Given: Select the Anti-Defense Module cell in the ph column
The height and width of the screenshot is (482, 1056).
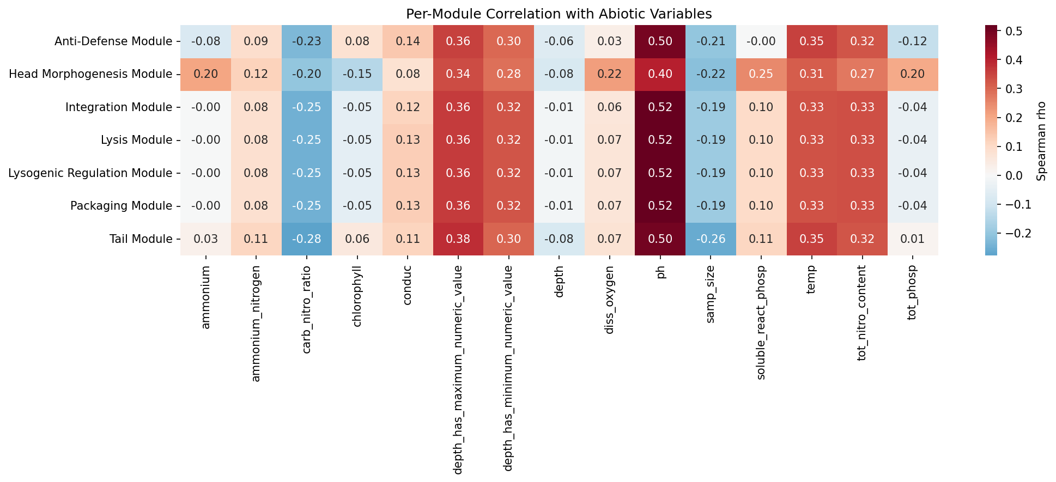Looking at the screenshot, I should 660,41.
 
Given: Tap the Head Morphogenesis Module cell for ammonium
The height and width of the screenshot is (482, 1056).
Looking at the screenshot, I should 206,74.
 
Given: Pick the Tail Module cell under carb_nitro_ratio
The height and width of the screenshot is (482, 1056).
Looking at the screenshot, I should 307,239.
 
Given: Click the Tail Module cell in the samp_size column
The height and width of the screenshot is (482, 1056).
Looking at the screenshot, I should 711,239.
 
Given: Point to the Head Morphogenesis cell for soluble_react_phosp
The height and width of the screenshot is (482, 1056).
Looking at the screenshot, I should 761,74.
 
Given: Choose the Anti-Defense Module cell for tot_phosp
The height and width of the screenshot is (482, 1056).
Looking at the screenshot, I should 913,41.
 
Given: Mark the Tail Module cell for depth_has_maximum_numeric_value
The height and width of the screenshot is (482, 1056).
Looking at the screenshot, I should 458,239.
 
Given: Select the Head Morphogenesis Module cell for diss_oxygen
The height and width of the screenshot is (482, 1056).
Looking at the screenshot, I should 610,74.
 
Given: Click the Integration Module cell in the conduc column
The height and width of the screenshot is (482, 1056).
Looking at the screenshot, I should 408,107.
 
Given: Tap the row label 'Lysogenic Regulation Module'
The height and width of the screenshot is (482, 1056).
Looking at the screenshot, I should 90,173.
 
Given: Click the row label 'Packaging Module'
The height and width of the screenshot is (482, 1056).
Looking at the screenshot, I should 121,206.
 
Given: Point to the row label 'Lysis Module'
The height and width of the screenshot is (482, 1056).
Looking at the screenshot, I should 136,140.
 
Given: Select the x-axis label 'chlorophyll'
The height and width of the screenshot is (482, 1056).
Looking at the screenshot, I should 357,296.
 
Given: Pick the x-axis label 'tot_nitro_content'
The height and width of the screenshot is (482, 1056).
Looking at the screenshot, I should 862,314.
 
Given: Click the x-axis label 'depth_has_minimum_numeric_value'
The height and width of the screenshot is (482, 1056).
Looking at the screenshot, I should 509,368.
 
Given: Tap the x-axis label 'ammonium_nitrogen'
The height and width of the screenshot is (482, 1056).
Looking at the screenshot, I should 256,324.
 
